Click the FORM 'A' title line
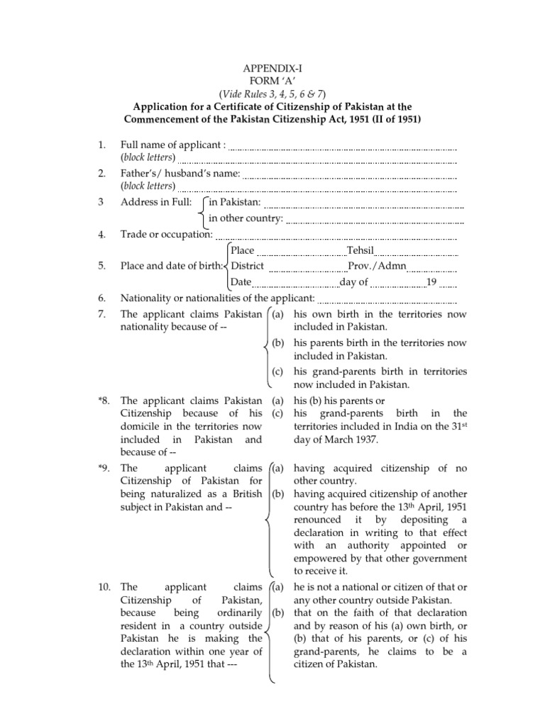271,81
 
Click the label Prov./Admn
374,267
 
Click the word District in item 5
248,267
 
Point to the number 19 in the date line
431,282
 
